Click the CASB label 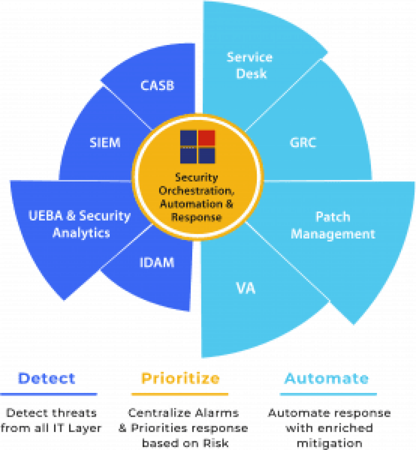157,86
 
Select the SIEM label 105,143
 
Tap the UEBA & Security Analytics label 80,224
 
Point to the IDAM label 157,262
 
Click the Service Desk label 250,65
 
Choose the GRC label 303,143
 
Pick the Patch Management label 333,225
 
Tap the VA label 246,289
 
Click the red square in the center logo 207,138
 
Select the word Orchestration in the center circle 197,191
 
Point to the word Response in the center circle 197,217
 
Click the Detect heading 47,378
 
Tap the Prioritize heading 180,378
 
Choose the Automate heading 327,378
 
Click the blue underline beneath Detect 49,394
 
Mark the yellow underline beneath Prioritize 180,394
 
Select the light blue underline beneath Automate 328,394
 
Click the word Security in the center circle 197,178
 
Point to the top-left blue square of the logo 188,138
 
